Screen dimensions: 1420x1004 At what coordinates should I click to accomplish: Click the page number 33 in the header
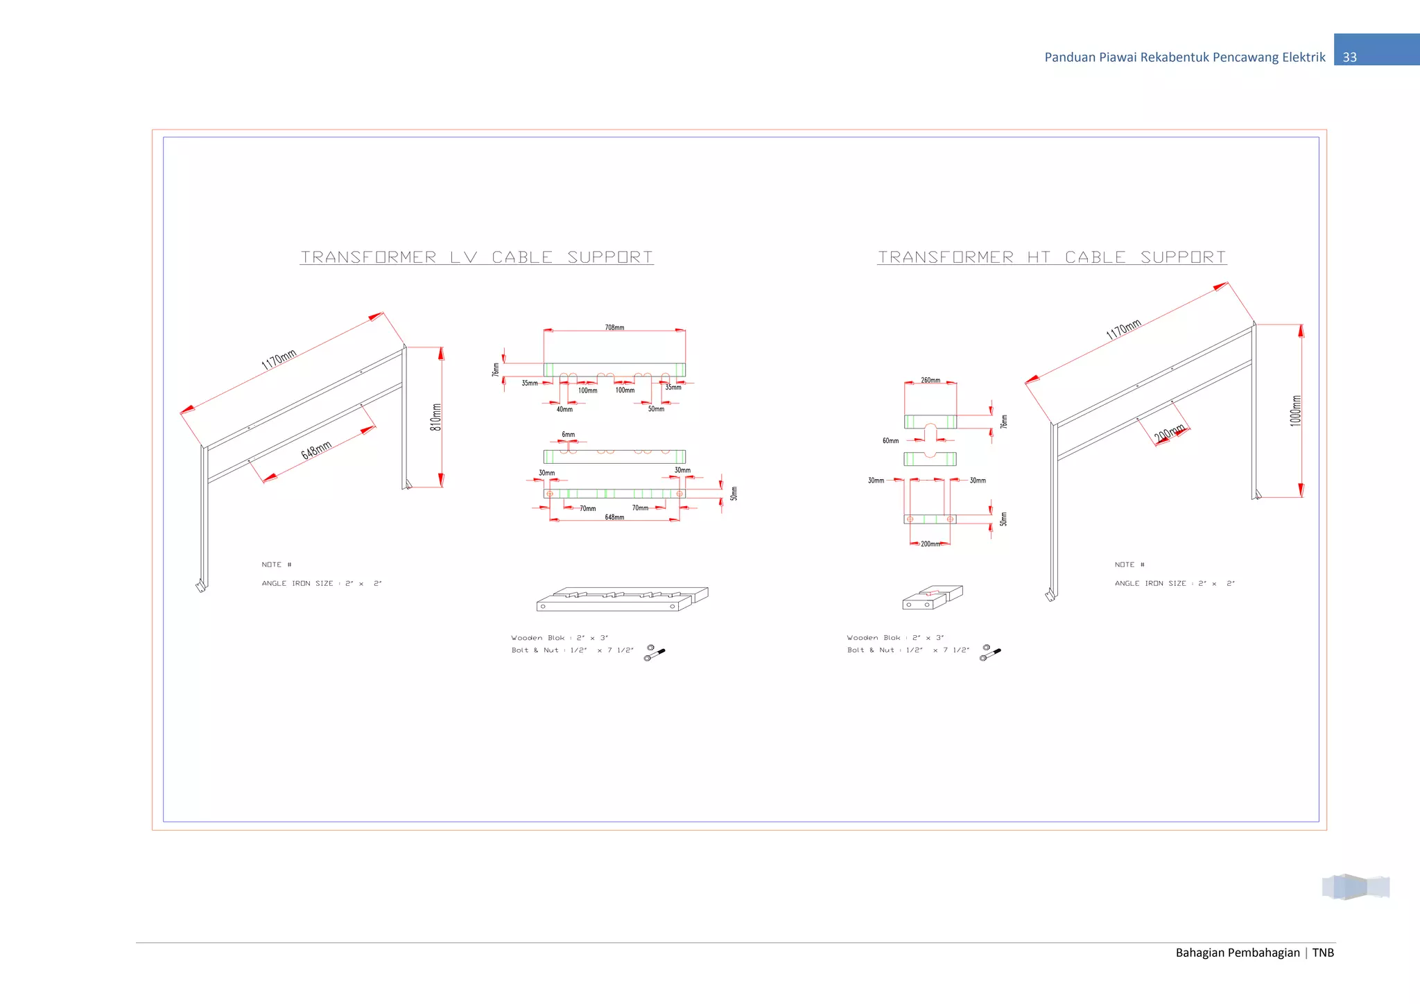pyautogui.click(x=1349, y=58)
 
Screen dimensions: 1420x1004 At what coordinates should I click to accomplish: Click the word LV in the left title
pyautogui.click(x=464, y=257)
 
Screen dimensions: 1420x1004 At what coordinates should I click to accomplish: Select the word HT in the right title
pyautogui.click(x=1039, y=257)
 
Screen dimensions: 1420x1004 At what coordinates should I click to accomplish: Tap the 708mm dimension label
pyautogui.click(x=614, y=327)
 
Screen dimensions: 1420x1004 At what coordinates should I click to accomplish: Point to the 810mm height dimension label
pyautogui.click(x=436, y=417)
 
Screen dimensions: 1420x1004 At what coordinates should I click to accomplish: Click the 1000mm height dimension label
pyautogui.click(x=1296, y=410)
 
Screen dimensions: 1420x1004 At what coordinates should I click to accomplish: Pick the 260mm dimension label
pyautogui.click(x=930, y=381)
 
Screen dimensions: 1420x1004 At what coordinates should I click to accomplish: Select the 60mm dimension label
pyautogui.click(x=890, y=441)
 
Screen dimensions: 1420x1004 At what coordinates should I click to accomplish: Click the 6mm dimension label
pyautogui.click(x=569, y=435)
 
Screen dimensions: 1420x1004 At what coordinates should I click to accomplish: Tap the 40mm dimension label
pyautogui.click(x=564, y=409)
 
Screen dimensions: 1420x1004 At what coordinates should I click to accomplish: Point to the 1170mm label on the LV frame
pyautogui.click(x=279, y=360)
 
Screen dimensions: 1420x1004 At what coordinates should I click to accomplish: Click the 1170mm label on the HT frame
pyautogui.click(x=1124, y=329)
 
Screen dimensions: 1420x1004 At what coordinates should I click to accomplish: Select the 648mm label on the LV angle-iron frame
pyautogui.click(x=316, y=450)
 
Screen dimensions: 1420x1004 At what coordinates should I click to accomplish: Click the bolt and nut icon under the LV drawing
pyautogui.click(x=654, y=652)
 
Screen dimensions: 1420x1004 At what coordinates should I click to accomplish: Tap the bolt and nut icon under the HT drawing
pyautogui.click(x=989, y=652)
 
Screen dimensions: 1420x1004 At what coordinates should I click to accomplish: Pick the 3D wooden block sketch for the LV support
pyautogui.click(x=622, y=599)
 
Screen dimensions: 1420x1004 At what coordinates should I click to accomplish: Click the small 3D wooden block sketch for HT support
pyautogui.click(x=932, y=598)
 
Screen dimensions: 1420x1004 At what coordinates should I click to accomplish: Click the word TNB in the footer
pyautogui.click(x=1323, y=953)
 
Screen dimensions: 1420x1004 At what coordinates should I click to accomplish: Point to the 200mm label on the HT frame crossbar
pyautogui.click(x=1169, y=434)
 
